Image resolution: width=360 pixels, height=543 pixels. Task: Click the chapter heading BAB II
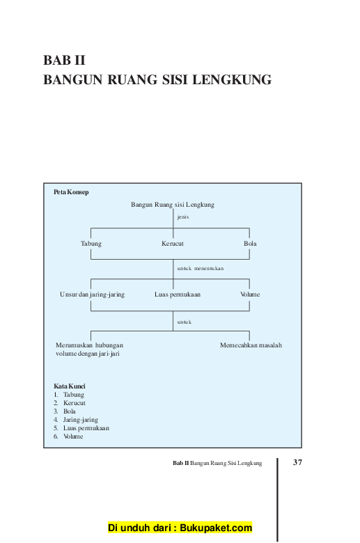pyautogui.click(x=64, y=61)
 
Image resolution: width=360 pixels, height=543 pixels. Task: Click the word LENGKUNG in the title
pyautogui.click(x=232, y=79)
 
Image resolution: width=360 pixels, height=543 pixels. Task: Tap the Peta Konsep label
pyautogui.click(x=71, y=192)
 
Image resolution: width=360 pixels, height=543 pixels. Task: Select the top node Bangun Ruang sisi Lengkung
pyautogui.click(x=173, y=205)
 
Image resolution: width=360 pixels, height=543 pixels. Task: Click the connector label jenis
pyautogui.click(x=183, y=217)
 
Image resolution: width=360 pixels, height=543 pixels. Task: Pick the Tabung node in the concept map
pyautogui.click(x=91, y=244)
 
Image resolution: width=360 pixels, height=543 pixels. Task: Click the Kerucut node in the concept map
pyautogui.click(x=173, y=244)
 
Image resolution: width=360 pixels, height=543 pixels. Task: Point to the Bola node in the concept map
pyautogui.click(x=250, y=244)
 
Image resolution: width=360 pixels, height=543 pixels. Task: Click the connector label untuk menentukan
pyautogui.click(x=201, y=269)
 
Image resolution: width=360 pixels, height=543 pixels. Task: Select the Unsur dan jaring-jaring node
pyautogui.click(x=92, y=294)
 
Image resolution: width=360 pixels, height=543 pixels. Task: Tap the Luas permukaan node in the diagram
pyautogui.click(x=178, y=294)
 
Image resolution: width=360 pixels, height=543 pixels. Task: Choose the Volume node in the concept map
pyautogui.click(x=250, y=294)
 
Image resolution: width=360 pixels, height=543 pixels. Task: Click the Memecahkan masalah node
pyautogui.click(x=251, y=345)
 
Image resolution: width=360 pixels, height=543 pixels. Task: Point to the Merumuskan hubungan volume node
pyautogui.click(x=89, y=349)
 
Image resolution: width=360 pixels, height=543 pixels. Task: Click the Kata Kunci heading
pyautogui.click(x=70, y=386)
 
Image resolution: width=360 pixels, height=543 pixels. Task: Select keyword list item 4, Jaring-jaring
pyautogui.click(x=80, y=420)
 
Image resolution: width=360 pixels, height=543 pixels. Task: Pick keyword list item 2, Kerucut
pyautogui.click(x=74, y=403)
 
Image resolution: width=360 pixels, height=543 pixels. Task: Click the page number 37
pyautogui.click(x=297, y=462)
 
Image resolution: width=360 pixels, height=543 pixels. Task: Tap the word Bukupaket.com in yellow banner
pyautogui.click(x=216, y=528)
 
